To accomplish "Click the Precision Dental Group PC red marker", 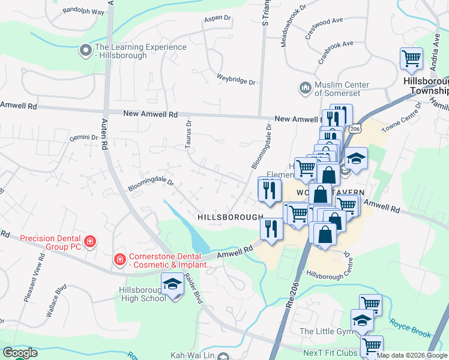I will click(x=89, y=242).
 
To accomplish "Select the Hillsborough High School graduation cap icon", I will click(x=172, y=284).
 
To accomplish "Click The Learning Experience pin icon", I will click(x=86, y=47).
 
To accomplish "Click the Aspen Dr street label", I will click(x=217, y=19).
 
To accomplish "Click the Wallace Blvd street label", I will click(x=56, y=304).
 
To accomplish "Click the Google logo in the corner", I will click(x=20, y=353).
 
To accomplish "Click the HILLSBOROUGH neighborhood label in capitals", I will click(x=231, y=217).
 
